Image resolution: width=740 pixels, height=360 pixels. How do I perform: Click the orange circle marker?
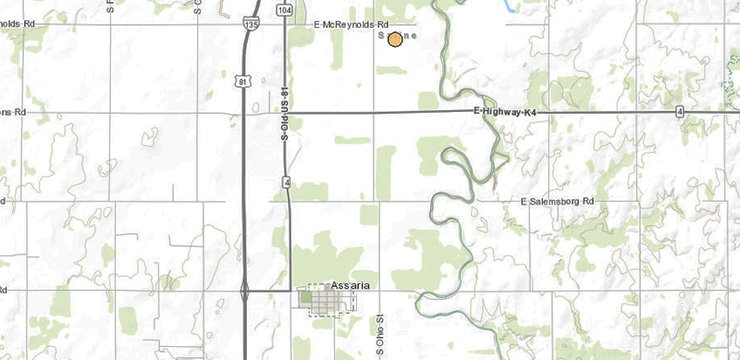395,39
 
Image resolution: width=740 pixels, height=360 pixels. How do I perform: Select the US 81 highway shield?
242,81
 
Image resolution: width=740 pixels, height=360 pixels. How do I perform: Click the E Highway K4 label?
505,111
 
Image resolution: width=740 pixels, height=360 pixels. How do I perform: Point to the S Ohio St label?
380,332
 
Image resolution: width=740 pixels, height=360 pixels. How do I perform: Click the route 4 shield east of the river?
679,112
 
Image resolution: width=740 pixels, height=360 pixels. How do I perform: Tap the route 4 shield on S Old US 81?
288,183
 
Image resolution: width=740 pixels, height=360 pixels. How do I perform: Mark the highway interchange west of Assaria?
244,292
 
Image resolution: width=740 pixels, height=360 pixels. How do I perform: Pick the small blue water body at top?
510,6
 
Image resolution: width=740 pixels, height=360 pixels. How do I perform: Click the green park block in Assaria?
304,297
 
